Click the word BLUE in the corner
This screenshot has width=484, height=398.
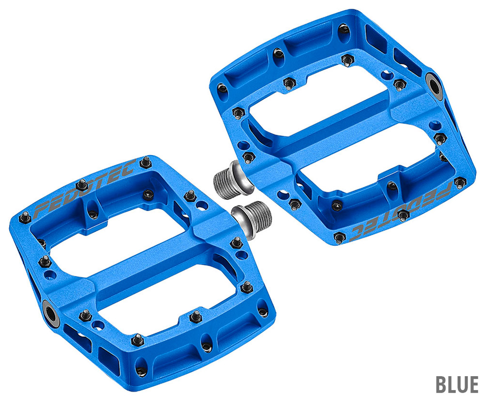[457, 384]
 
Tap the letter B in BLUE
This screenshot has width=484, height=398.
[441, 384]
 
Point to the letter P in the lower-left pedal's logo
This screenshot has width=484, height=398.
[41, 210]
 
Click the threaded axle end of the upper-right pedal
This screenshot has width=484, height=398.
[228, 181]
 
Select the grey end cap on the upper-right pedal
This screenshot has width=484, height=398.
[433, 83]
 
